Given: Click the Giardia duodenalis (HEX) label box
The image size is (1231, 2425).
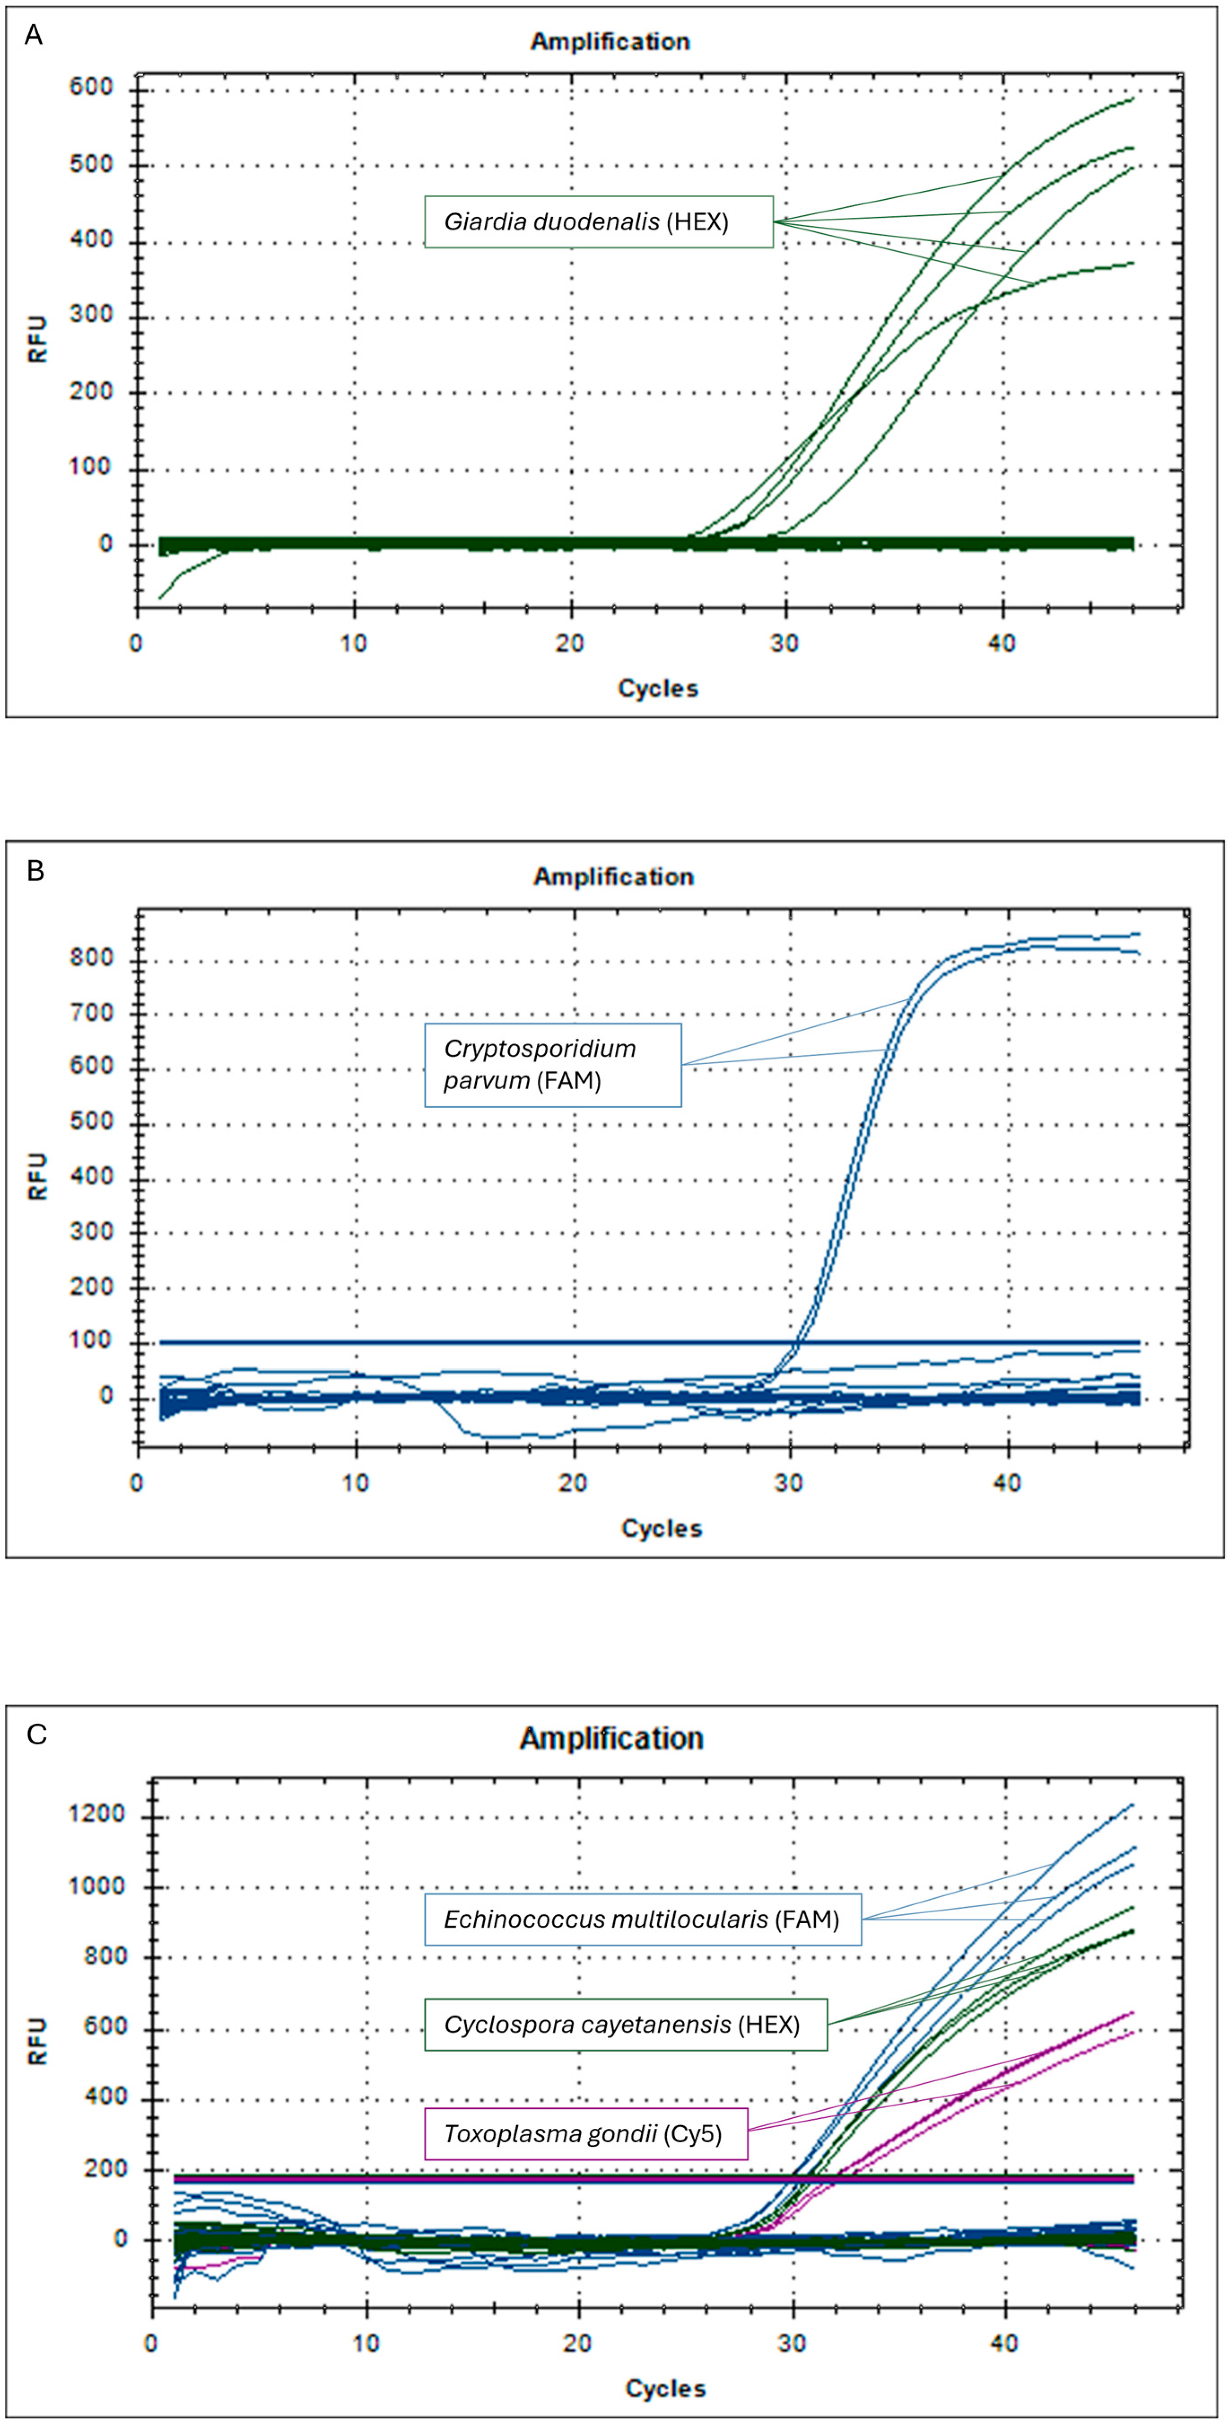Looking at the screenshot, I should pos(598,222).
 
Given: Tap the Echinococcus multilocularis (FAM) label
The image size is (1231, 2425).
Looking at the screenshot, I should pos(642,1919).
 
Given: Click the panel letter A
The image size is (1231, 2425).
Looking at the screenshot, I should pos(33,36).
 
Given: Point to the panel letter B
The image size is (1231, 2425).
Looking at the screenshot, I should pos(35,871).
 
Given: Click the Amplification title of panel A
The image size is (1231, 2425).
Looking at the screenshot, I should pos(610,41).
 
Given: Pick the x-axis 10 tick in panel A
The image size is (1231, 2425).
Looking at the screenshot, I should pos(354,644).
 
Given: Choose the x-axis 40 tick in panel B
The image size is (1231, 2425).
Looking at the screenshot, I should pos(1007,1484).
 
